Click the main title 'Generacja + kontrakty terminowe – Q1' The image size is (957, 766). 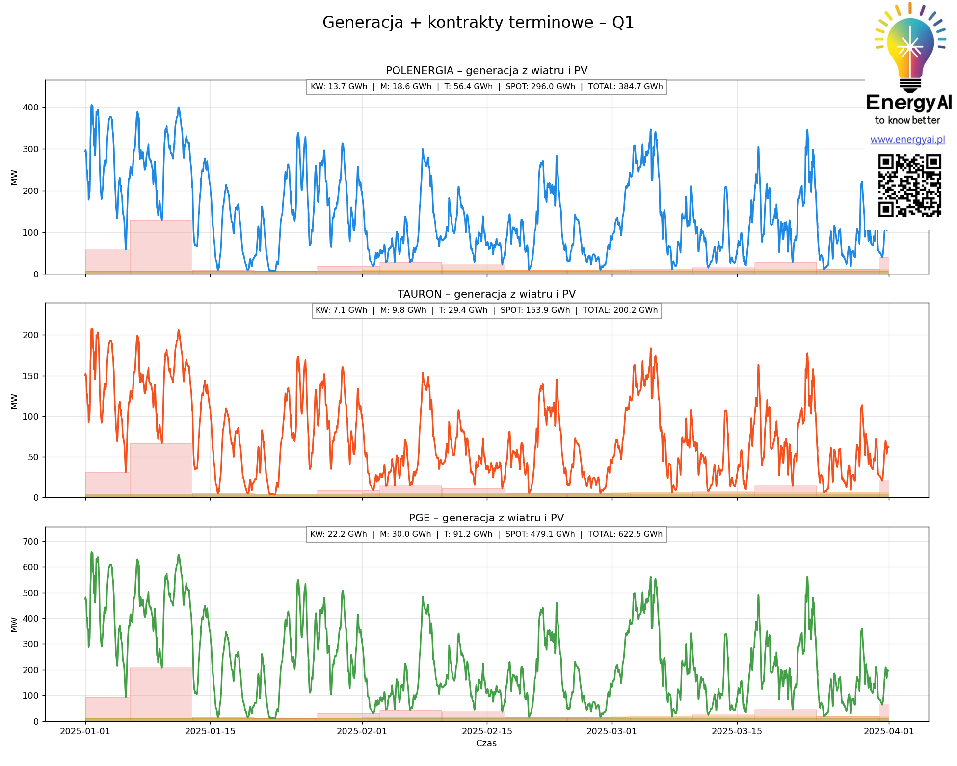478,23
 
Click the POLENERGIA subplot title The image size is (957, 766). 486,71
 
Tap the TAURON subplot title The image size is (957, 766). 486,294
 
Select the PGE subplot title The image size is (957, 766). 486,518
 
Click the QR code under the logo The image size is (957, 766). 909,185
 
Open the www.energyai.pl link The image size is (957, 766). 907,140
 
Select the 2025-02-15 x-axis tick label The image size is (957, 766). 487,731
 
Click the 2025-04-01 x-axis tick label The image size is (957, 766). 889,731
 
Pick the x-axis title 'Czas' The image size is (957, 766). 486,743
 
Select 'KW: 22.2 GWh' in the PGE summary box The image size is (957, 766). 338,534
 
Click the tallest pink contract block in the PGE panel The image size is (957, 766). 160,694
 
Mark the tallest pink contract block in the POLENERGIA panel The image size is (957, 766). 160,246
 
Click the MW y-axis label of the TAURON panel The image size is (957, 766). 14,401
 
